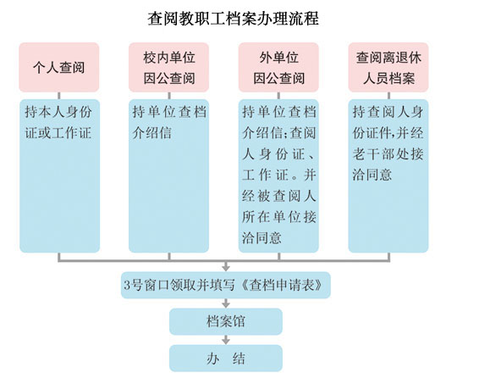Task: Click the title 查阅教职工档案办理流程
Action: point(234,19)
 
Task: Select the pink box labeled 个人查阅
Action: point(59,67)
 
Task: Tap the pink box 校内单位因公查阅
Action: point(168,67)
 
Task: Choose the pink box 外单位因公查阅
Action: point(278,67)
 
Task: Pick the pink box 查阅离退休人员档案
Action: point(388,67)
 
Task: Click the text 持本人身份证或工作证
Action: point(58,122)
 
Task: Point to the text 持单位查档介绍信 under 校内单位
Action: point(169,122)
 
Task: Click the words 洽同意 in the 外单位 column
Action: point(262,237)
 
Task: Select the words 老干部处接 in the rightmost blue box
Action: point(388,153)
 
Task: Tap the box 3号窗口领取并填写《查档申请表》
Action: point(226,285)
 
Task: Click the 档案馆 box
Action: point(226,321)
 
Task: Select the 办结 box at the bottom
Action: point(226,359)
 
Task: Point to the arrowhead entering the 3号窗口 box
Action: point(226,269)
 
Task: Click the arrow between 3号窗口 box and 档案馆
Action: point(226,303)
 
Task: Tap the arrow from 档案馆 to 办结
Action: point(226,340)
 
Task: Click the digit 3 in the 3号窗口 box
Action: point(127,286)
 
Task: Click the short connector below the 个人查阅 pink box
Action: point(59,96)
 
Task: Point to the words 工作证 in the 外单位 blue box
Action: point(266,175)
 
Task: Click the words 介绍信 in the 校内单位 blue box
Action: point(151,133)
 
